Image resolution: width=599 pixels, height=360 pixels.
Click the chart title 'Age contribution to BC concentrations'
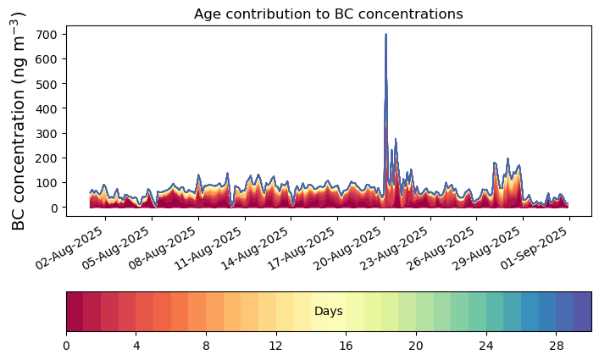(x=328, y=14)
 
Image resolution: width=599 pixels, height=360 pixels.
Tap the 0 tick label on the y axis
(x=54, y=208)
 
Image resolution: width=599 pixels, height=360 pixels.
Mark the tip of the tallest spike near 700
(x=385, y=35)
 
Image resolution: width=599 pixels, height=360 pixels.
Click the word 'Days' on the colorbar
(x=328, y=312)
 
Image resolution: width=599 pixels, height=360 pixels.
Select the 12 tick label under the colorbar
(x=275, y=346)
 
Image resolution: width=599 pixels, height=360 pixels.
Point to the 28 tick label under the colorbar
(x=556, y=346)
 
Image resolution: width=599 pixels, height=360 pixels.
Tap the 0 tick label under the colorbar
(x=66, y=346)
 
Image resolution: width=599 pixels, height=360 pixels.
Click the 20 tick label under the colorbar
(x=415, y=346)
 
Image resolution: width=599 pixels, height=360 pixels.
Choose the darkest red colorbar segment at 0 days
(x=75, y=312)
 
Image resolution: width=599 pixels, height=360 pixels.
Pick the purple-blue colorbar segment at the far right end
(x=582, y=312)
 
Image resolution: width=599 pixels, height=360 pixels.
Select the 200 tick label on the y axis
(x=47, y=158)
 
